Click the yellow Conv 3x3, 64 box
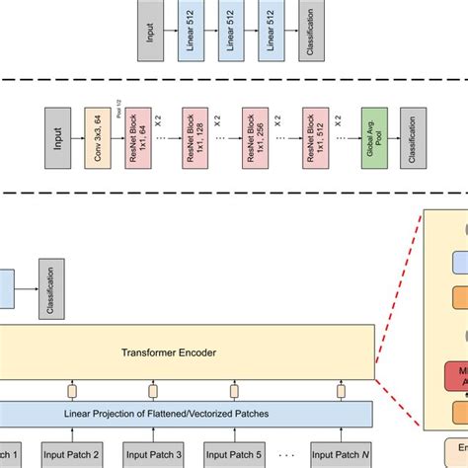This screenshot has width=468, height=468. [96, 130]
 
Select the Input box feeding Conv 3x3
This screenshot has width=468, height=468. [56, 130]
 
